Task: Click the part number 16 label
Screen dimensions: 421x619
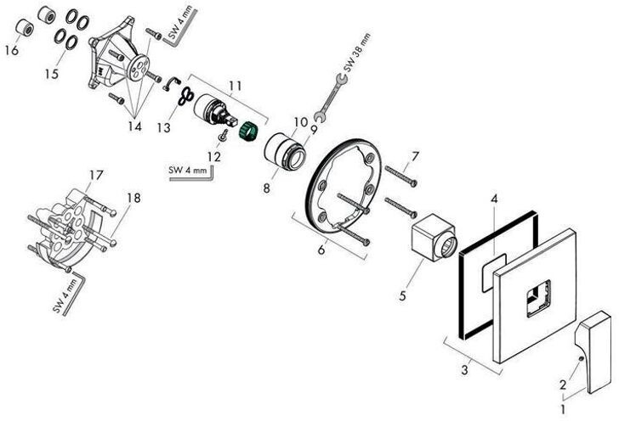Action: [11, 50]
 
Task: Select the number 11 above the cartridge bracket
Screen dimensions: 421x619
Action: [236, 85]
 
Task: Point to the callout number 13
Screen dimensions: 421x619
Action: [164, 127]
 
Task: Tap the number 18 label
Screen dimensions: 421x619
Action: [133, 198]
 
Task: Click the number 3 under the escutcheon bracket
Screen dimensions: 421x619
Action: [465, 369]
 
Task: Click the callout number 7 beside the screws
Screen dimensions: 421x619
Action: [415, 155]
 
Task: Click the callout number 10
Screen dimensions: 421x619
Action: [300, 122]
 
